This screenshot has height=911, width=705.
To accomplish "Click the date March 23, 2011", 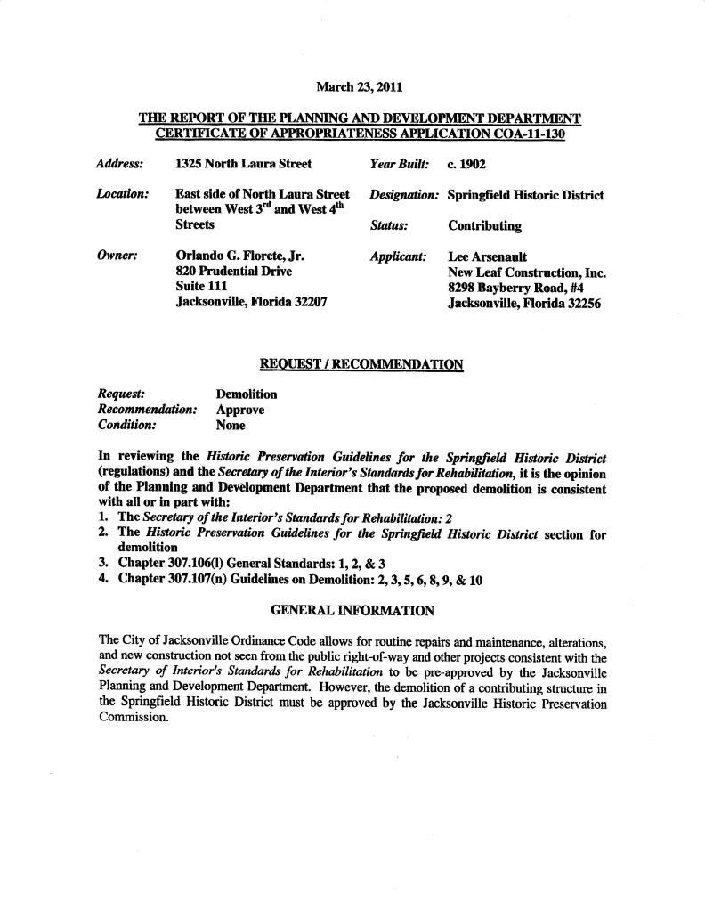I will coord(359,87).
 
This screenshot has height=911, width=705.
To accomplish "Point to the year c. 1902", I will coord(466,165).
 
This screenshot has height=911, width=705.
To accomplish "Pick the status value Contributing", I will coord(485,225).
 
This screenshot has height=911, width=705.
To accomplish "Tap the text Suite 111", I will coord(201,287).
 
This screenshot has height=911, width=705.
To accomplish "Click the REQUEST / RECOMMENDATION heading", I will coord(361,363).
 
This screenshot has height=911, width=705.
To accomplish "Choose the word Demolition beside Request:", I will coord(247,394).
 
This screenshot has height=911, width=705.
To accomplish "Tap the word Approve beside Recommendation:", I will coord(240,410).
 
